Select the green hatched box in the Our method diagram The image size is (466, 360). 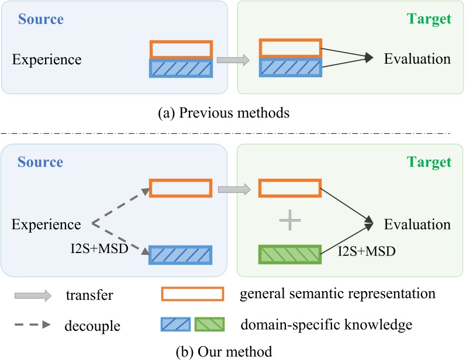point(289,255)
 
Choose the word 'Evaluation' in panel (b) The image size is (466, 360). point(417,224)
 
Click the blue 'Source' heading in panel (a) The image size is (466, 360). point(41,19)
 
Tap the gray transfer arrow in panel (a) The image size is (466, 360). point(233,60)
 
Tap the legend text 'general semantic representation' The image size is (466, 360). point(337,293)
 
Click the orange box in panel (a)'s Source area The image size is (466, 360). point(181,49)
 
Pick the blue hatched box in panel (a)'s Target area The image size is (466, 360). point(289,69)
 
